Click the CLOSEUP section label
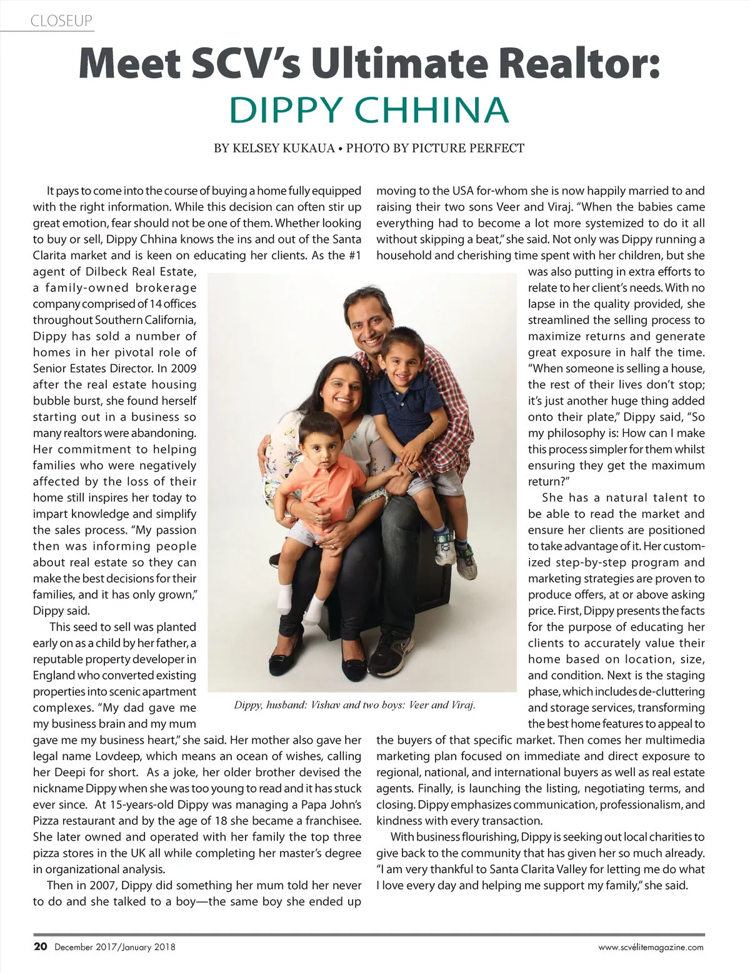61,21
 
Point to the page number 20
40,946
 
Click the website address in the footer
651,947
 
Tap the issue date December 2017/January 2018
115,947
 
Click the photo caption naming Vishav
354,705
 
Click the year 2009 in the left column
184,368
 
